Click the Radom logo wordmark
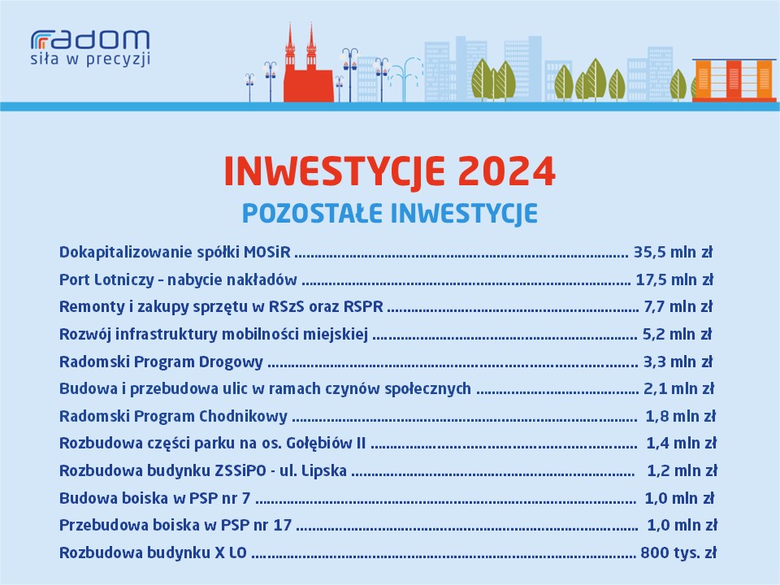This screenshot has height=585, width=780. (90, 40)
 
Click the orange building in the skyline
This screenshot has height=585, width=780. (734, 80)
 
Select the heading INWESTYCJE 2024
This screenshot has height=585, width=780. (389, 171)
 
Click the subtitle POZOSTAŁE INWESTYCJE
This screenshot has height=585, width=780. (389, 214)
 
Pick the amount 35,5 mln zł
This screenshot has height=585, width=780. (673, 252)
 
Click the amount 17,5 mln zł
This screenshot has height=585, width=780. (674, 279)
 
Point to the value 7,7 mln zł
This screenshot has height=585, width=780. (678, 306)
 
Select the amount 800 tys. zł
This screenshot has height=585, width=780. (678, 552)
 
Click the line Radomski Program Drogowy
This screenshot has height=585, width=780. (161, 362)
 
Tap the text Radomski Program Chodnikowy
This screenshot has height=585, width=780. (173, 416)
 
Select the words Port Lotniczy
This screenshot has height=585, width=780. (106, 279)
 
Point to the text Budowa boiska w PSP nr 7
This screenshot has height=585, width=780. (154, 498)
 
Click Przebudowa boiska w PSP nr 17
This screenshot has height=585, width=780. (175, 526)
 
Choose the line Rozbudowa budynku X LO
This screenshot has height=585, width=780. (153, 552)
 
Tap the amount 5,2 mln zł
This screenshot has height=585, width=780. (678, 334)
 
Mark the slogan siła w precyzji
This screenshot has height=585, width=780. (90, 59)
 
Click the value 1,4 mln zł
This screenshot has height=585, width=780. (681, 444)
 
